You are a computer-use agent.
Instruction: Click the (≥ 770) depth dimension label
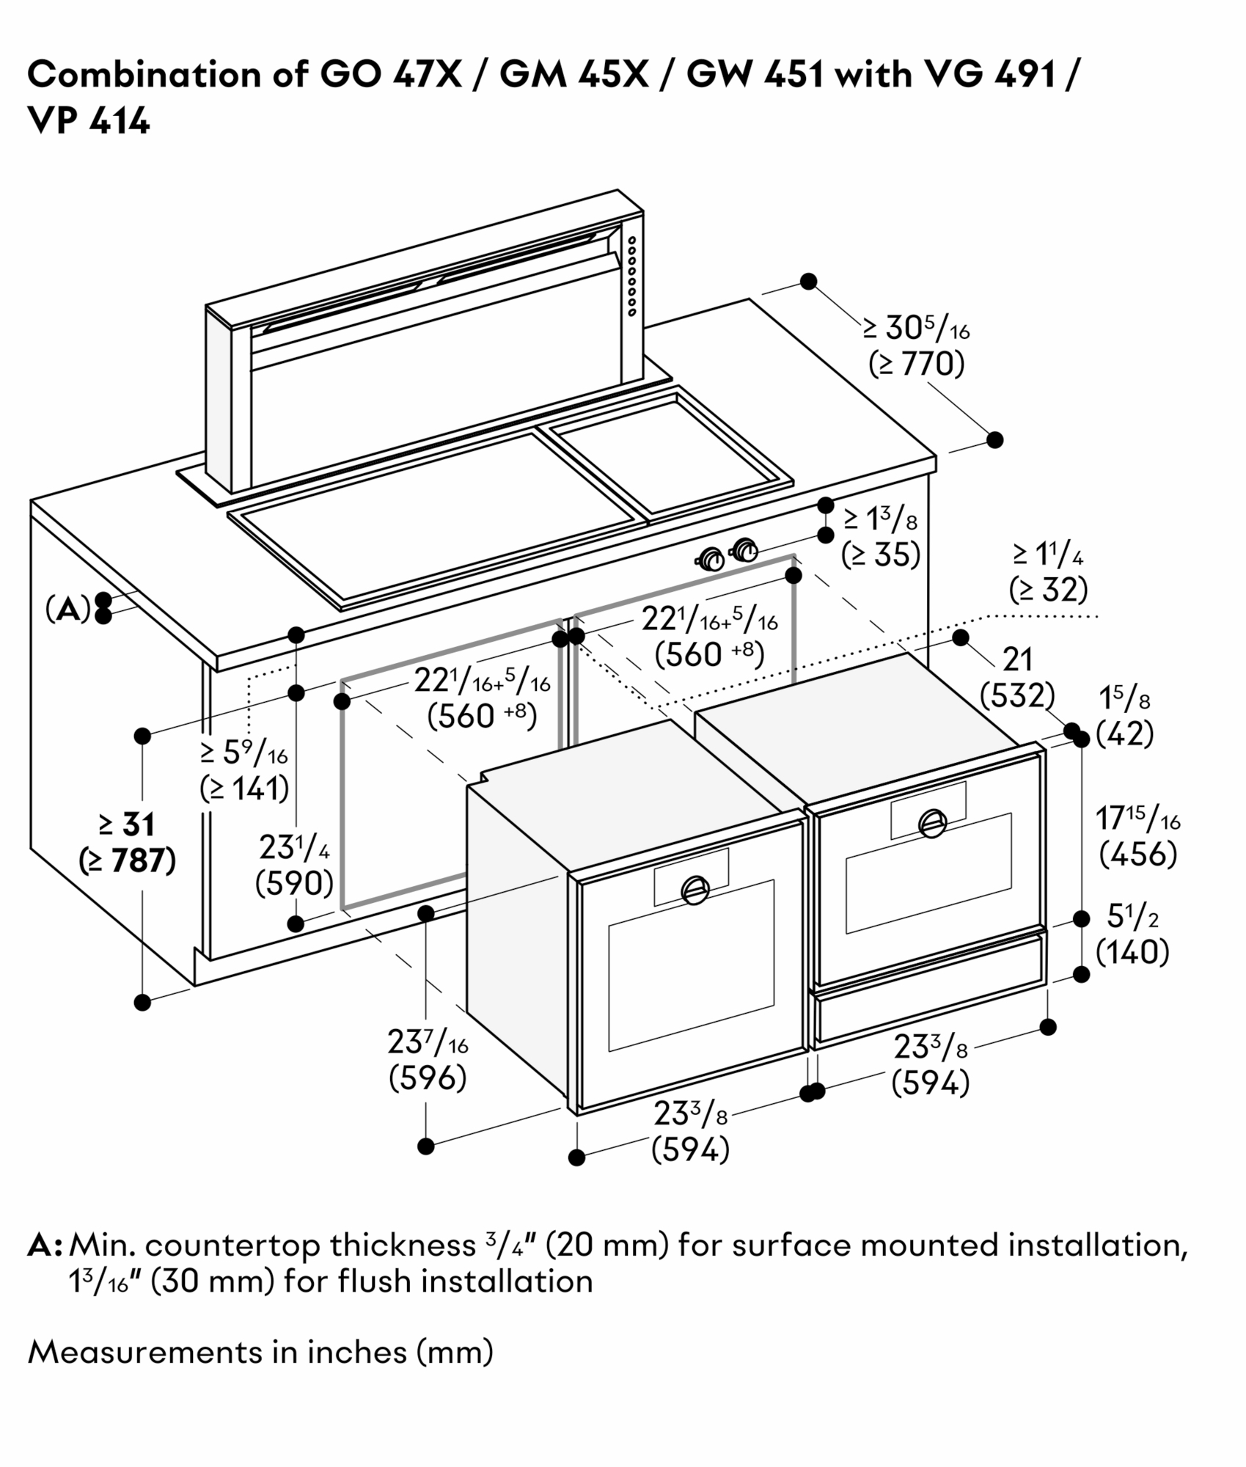click(x=917, y=364)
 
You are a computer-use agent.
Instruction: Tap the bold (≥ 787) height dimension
click(x=128, y=861)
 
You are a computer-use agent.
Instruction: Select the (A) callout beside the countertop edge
click(x=67, y=609)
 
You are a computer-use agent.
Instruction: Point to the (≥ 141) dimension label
click(x=244, y=789)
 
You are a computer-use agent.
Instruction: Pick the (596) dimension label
click(x=428, y=1078)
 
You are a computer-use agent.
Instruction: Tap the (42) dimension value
click(x=1125, y=733)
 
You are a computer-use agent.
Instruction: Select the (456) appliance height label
click(x=1138, y=854)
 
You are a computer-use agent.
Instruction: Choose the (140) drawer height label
click(x=1132, y=952)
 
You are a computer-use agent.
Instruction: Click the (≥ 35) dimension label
click(x=880, y=555)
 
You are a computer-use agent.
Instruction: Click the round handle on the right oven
click(x=931, y=822)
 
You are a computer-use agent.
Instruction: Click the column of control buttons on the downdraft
click(x=631, y=276)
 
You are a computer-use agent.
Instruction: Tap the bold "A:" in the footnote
click(x=45, y=1246)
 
